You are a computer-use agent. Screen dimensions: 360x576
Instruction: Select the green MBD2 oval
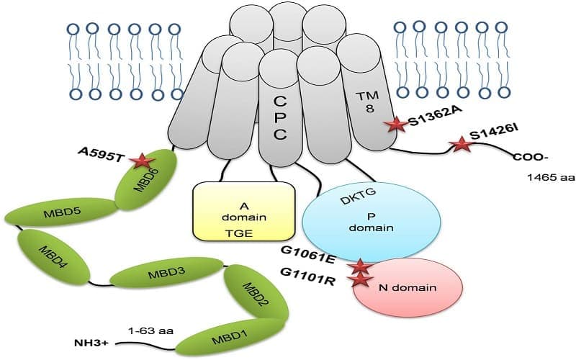256,294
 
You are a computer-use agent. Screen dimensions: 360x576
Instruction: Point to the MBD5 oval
60,212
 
